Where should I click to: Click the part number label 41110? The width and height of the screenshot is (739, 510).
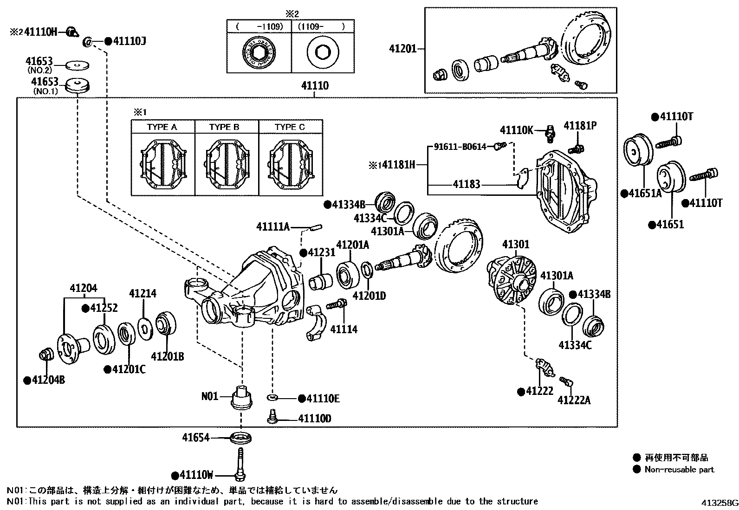click(x=314, y=86)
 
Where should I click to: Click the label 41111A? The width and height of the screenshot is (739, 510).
click(x=273, y=226)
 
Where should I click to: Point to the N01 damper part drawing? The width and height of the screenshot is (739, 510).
click(x=242, y=398)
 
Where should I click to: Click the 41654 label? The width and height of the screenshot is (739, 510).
click(x=195, y=437)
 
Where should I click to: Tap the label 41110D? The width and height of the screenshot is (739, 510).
click(x=314, y=419)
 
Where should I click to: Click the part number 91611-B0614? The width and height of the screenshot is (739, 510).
click(x=460, y=147)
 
